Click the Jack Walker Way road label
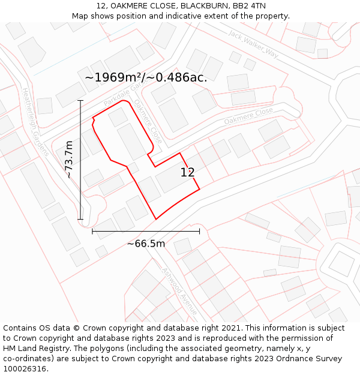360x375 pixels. (253, 43)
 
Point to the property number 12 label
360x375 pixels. (187, 173)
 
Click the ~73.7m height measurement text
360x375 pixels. (69, 160)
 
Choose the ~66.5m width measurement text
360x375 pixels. (146, 244)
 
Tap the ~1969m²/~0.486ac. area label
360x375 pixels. (146, 77)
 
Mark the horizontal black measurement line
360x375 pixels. (146, 231)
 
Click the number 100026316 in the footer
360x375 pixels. (25, 369)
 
